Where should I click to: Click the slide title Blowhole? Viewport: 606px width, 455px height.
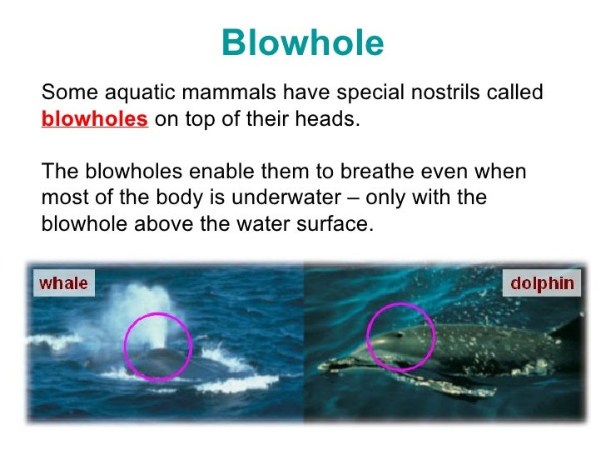point(303,43)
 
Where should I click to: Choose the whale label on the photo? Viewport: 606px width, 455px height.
point(63,282)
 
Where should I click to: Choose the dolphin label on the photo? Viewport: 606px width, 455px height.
point(542,282)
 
